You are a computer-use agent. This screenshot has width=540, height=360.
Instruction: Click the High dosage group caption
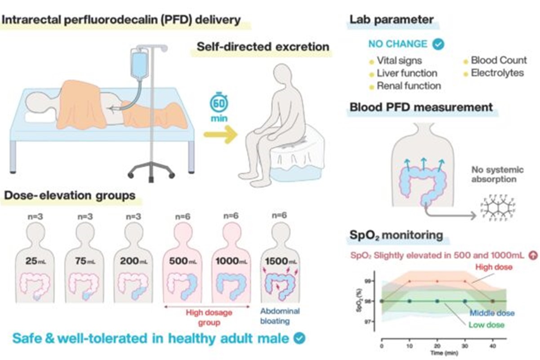[x=207, y=317]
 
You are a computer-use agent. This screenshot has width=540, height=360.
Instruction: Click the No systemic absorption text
[x=498, y=175]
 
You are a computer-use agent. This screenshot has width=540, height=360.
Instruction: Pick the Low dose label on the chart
[x=486, y=325]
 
